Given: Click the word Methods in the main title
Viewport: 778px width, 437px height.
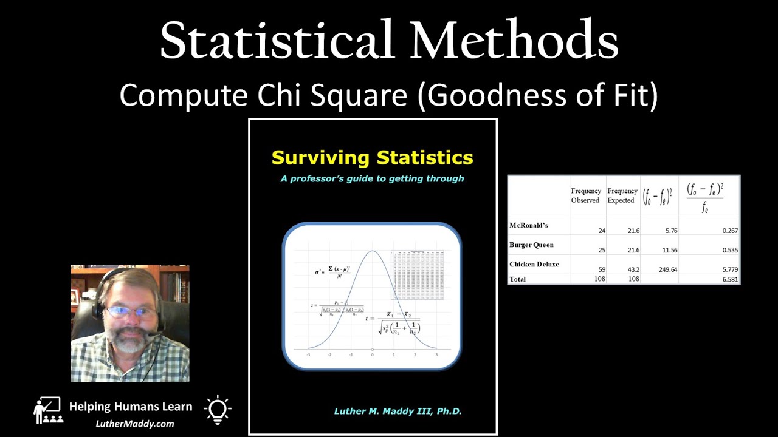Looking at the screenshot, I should coord(514,41).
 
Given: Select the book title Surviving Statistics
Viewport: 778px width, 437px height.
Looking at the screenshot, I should coord(372,158).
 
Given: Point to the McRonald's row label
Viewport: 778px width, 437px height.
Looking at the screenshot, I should coord(528,226).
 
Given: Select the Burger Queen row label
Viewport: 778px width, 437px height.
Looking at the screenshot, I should coord(531,245).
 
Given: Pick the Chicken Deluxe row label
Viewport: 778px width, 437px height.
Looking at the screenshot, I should coord(534,265).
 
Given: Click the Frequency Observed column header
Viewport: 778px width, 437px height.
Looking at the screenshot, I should coord(586,195).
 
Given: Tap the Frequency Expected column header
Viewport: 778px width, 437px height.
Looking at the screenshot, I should coord(622,195).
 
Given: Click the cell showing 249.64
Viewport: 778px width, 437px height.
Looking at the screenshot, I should coord(667,269).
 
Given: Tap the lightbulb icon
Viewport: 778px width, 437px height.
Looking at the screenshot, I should coord(218,409).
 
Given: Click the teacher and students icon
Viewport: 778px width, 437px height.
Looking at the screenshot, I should coord(48,410).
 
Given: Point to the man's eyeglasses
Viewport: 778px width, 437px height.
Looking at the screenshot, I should coord(131,313).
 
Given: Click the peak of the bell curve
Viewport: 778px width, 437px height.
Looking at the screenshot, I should coord(373,251).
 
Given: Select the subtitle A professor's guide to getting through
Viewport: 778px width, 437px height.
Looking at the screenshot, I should coord(372,178).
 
